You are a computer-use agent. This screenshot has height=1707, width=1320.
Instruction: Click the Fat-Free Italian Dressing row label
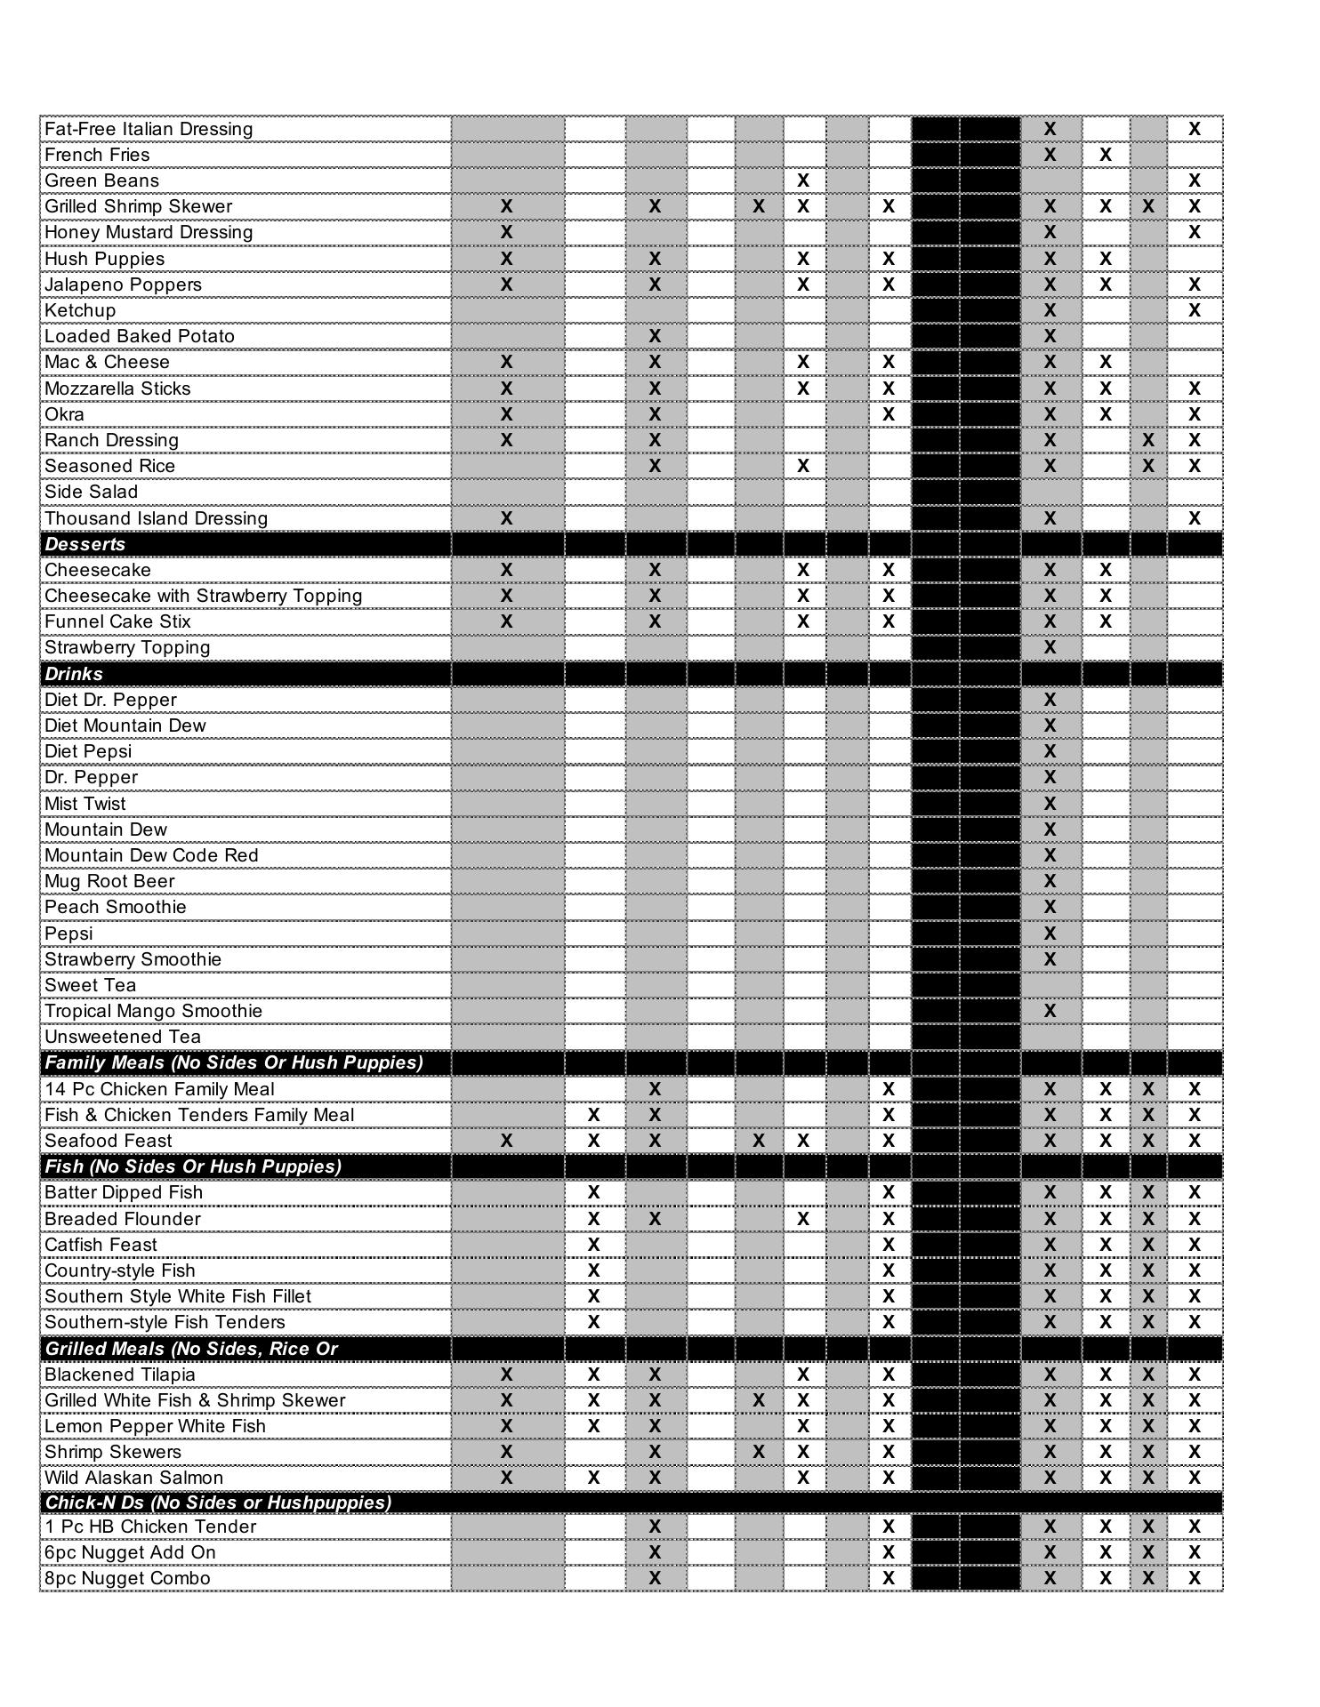(x=149, y=129)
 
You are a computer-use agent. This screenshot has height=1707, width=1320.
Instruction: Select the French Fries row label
(x=97, y=155)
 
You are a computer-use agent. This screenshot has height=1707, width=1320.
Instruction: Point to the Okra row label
(x=65, y=414)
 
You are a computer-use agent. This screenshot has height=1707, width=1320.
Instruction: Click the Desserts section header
(x=85, y=544)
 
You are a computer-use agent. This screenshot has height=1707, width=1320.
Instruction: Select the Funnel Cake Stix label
(x=117, y=621)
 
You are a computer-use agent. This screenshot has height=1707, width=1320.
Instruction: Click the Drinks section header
(x=74, y=674)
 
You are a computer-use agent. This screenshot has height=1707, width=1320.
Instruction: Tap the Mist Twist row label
(x=85, y=804)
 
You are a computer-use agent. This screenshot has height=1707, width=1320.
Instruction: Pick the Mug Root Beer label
(x=109, y=881)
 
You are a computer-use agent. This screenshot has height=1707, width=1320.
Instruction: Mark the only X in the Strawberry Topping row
(x=1050, y=647)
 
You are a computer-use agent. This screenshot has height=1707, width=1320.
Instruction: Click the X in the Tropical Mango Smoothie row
(x=1050, y=1011)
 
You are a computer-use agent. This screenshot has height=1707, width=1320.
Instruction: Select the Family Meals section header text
(x=234, y=1062)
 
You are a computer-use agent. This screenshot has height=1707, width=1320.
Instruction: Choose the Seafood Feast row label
(x=109, y=1141)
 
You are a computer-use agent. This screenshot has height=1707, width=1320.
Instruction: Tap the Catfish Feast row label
(x=101, y=1245)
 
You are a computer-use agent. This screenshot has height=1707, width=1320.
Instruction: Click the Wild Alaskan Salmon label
(x=133, y=1478)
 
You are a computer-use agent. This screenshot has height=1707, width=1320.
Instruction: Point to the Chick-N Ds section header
(x=218, y=1503)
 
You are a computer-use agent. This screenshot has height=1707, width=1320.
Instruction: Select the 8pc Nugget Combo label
(x=127, y=1578)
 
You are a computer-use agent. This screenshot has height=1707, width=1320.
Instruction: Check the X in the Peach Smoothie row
(x=1050, y=907)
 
